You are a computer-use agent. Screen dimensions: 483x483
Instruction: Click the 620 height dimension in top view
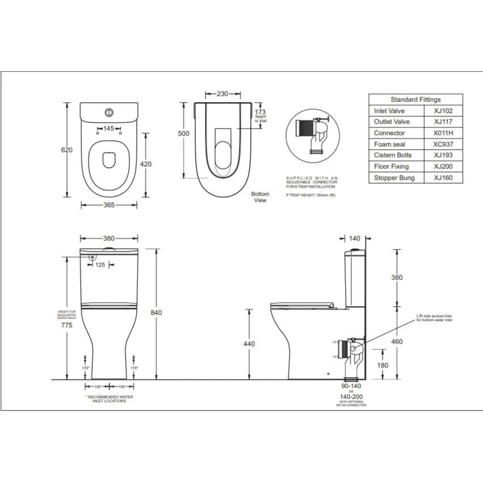[67, 150]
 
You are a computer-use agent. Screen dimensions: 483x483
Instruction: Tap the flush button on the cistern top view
[109, 112]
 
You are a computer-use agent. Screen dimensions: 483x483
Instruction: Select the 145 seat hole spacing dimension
[108, 129]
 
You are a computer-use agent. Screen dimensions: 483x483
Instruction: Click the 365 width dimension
[109, 205]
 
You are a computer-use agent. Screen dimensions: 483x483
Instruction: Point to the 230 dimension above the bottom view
[222, 94]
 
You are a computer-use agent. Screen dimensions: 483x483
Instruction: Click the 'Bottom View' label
[260, 197]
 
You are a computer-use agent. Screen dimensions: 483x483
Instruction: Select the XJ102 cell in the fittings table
[443, 111]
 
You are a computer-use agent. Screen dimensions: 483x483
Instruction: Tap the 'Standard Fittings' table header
[416, 100]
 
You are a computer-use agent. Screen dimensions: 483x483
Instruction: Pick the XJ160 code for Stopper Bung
[443, 178]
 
